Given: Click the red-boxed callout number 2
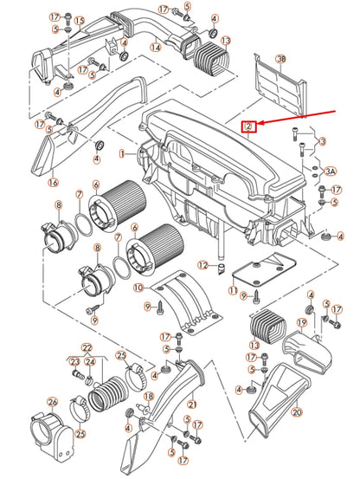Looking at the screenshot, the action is point(249,126).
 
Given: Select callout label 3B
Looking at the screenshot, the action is point(280,59).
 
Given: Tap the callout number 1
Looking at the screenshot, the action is point(122,154).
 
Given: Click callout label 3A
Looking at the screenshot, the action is point(330,172).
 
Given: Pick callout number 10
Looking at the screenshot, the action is point(138,288).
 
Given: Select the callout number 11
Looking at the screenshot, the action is point(233,290).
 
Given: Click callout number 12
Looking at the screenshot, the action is point(203,265).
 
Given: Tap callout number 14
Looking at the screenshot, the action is point(156,48).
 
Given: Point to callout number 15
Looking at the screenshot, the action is point(80,21).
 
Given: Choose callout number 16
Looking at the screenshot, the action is point(53,183).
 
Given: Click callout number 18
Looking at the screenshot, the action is point(149,397).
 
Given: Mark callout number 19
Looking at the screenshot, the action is point(302,322).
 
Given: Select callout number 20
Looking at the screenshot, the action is point(297,412).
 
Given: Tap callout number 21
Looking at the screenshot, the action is point(191,405).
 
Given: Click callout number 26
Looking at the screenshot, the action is point(53,402).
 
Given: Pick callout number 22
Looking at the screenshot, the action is point(87,347).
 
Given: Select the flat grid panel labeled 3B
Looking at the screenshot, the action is point(280,87).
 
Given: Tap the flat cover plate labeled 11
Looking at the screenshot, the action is point(264,269).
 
